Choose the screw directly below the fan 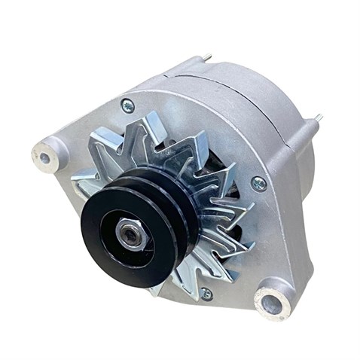[x=205, y=293]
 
